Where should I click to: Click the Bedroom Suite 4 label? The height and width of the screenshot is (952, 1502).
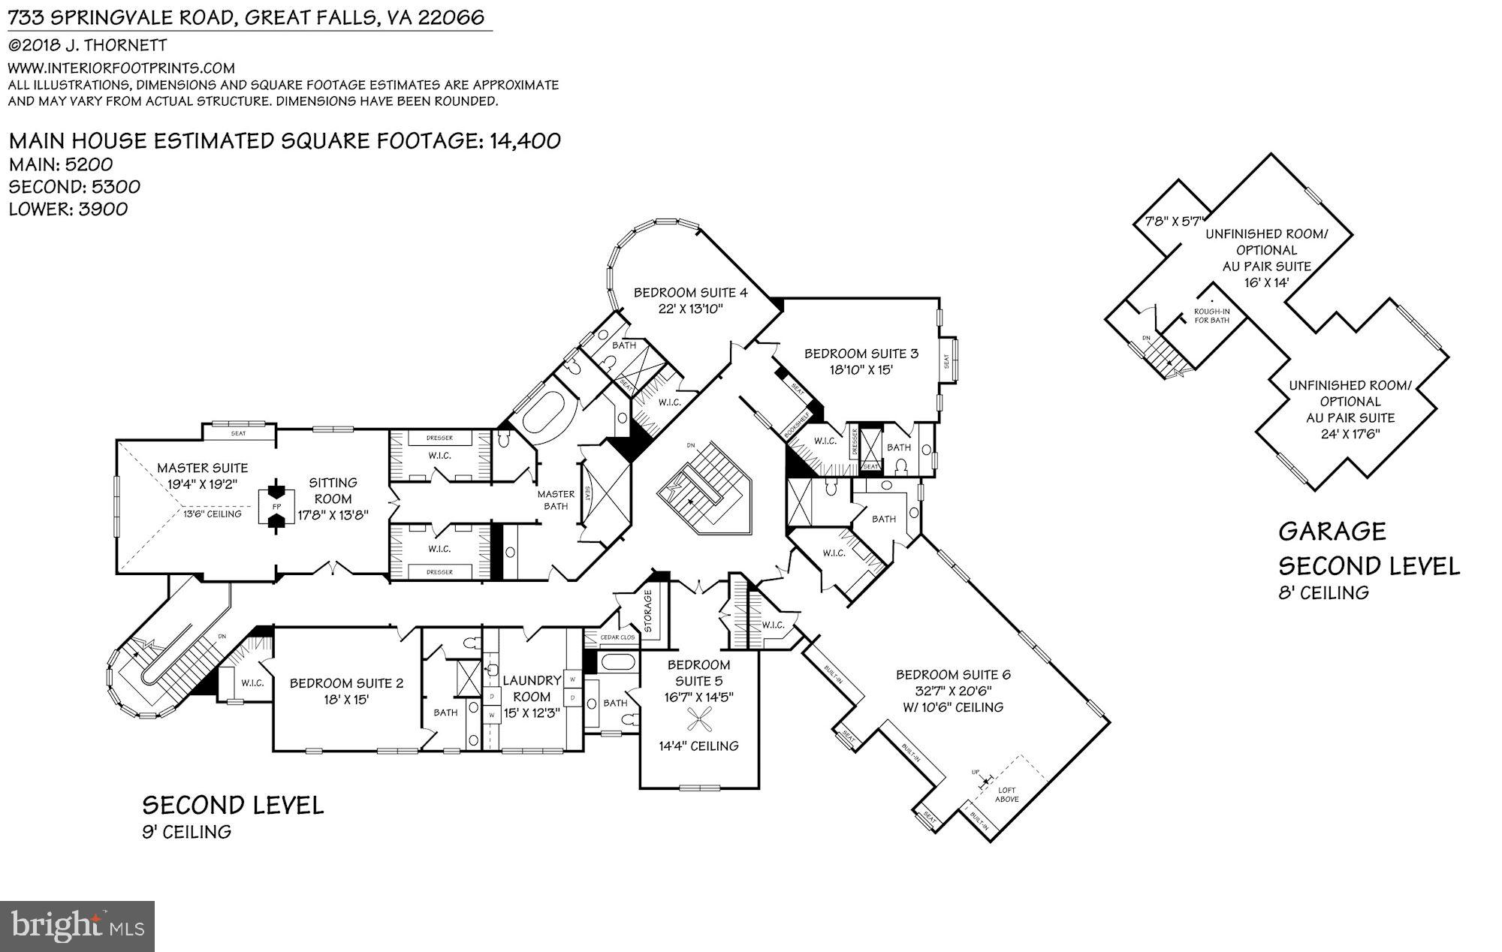click(x=690, y=292)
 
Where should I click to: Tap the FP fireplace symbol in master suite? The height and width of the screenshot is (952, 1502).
click(x=276, y=507)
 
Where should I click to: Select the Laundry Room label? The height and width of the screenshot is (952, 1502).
click(x=532, y=680)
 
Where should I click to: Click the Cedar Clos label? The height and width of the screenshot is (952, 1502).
click(x=618, y=637)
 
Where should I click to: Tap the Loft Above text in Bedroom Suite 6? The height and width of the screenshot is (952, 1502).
click(x=1007, y=794)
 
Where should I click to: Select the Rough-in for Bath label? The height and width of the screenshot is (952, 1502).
click(x=1211, y=316)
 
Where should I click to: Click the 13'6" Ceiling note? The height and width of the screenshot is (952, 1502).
click(x=213, y=514)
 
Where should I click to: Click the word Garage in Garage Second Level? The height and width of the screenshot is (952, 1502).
click(x=1332, y=532)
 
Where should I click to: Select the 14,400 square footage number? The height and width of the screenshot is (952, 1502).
click(x=524, y=140)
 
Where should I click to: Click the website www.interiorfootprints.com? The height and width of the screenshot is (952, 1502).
click(x=121, y=68)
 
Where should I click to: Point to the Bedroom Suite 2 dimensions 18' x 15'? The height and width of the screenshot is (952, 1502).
click(x=345, y=699)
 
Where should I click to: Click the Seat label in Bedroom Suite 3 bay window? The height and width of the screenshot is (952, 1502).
click(x=946, y=361)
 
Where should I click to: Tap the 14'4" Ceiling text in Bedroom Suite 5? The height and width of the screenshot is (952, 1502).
click(x=698, y=746)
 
